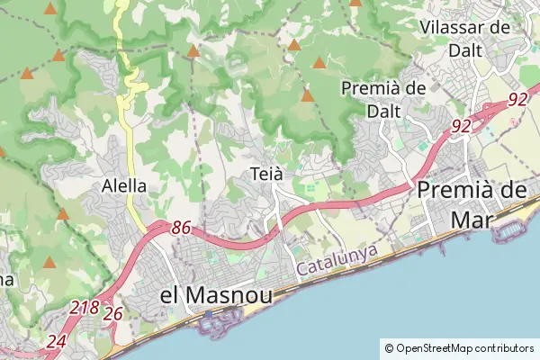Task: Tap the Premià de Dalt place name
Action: (x=383, y=99)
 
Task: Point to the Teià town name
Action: (x=267, y=173)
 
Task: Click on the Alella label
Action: (x=124, y=186)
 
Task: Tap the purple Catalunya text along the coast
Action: (x=336, y=262)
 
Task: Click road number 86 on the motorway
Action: (x=180, y=229)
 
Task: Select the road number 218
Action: (x=85, y=308)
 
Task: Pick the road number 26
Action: (x=112, y=314)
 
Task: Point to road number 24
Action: (x=56, y=341)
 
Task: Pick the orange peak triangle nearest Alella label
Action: (x=63, y=214)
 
